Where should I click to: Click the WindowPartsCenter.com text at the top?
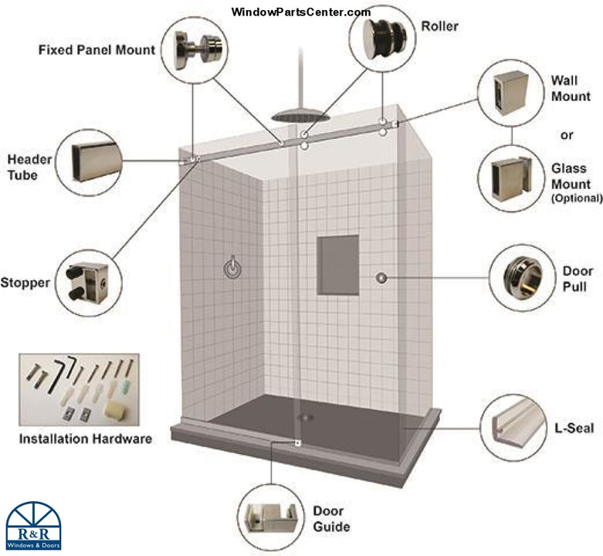tap(301, 12)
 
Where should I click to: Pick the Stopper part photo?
tap(90, 282)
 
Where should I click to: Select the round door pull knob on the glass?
tap(381, 276)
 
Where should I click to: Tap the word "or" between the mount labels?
tap(567, 135)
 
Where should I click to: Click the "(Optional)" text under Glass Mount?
tap(576, 198)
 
